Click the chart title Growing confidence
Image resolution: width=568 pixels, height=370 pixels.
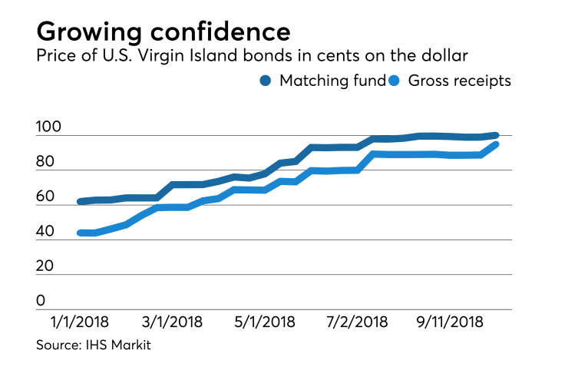click(x=163, y=31)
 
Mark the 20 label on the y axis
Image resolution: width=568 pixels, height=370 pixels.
click(x=47, y=267)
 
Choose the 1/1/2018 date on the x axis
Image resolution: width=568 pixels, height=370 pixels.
click(x=80, y=322)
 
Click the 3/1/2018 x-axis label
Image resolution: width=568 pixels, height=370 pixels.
click(x=173, y=322)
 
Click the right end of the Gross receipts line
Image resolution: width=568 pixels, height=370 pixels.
click(x=496, y=144)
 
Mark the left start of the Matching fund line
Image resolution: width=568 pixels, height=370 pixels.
click(x=81, y=202)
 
